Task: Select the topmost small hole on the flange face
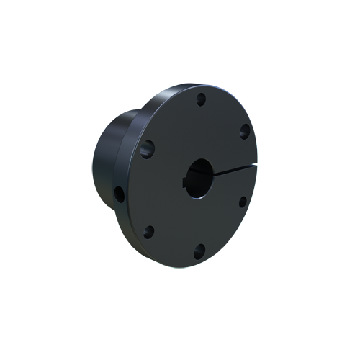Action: coord(201,99)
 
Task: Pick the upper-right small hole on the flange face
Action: coord(244,130)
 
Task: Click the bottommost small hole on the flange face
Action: coord(199,251)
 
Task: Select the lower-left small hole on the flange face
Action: coord(149,232)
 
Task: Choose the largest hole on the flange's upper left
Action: coord(148,149)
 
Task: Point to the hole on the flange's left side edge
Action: coord(118,194)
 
